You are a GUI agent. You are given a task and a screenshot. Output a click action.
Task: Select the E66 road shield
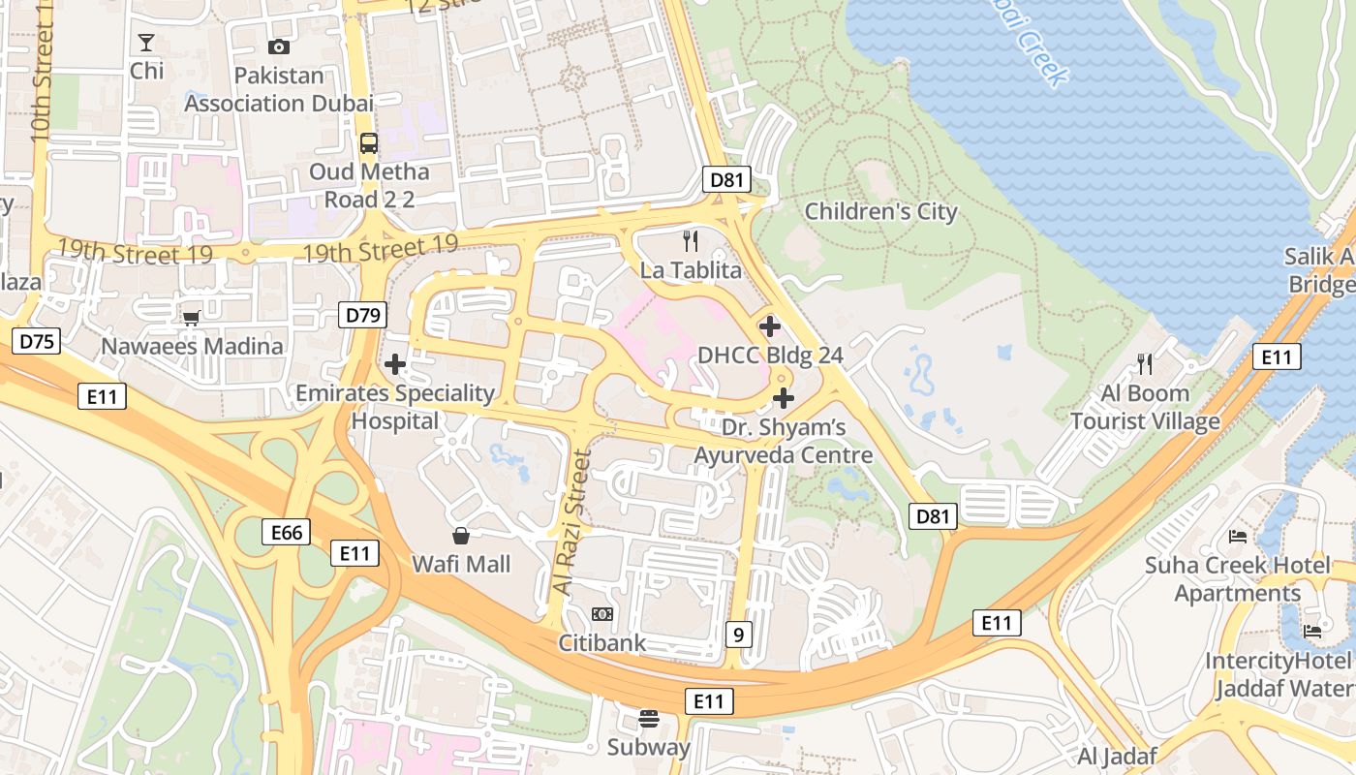(x=287, y=532)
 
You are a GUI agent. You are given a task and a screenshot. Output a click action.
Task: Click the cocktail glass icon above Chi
(x=146, y=43)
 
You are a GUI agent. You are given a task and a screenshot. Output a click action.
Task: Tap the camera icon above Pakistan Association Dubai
(x=278, y=46)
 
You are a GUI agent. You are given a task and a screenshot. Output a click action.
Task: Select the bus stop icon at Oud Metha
(x=369, y=143)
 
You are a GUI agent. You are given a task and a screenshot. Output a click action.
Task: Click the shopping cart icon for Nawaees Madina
(x=192, y=318)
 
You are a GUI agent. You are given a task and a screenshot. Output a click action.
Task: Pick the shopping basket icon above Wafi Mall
(x=461, y=536)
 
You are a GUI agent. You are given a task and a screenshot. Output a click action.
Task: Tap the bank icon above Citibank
(x=601, y=614)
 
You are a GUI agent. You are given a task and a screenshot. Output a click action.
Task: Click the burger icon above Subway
(x=648, y=719)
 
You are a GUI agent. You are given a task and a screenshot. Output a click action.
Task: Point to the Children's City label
(x=880, y=211)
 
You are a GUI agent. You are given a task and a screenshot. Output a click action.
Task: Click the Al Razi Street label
(x=571, y=523)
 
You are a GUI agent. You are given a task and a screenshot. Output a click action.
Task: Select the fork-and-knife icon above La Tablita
(x=691, y=241)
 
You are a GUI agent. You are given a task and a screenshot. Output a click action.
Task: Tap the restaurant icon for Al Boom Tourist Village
(x=1145, y=364)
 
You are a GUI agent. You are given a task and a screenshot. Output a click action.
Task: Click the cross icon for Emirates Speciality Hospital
(x=394, y=364)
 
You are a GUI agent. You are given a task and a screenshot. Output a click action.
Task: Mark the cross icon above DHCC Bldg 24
(x=770, y=326)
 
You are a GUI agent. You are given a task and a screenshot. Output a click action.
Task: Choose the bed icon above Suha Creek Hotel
(x=1237, y=536)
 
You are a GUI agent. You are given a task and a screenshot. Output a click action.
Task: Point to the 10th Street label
(x=42, y=73)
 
